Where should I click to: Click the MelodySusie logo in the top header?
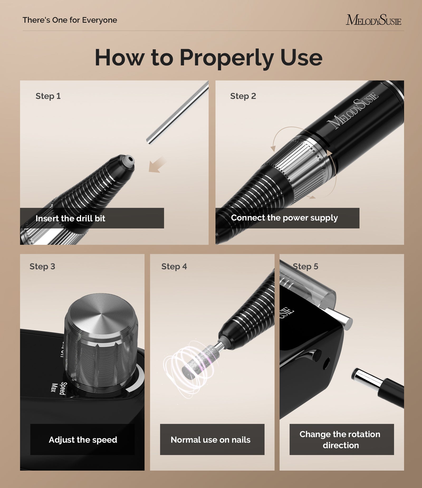click(373, 20)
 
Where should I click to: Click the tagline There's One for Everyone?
click(70, 20)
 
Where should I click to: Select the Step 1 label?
click(48, 96)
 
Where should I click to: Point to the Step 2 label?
click(243, 96)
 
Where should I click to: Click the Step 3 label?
click(42, 266)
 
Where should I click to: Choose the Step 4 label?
click(174, 266)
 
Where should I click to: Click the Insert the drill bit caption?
click(70, 218)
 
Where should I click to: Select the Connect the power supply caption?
click(284, 218)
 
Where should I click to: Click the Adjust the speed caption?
click(83, 440)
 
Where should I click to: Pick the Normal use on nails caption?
click(210, 440)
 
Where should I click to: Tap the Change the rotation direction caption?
click(340, 440)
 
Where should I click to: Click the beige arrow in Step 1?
click(157, 165)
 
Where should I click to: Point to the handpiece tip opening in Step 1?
click(130, 159)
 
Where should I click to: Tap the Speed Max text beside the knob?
click(59, 388)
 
